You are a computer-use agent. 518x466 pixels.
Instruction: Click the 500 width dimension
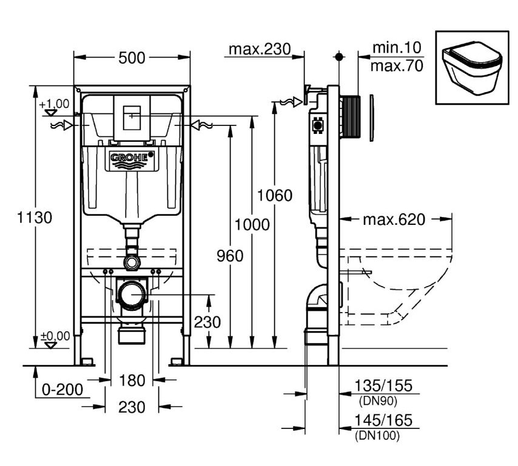click(132, 58)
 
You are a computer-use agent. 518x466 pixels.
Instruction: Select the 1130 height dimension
click(35, 218)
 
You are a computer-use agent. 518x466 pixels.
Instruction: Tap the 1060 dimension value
click(275, 195)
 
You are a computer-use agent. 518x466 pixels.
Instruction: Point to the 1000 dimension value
click(252, 225)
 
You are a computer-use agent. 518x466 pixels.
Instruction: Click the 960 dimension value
click(230, 256)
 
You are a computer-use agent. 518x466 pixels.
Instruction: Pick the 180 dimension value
click(132, 381)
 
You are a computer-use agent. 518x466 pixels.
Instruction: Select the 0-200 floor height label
click(62, 390)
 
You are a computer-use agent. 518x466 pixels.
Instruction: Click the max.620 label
click(394, 219)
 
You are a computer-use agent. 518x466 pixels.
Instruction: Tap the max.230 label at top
click(260, 49)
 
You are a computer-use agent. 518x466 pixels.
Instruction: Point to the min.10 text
click(397, 47)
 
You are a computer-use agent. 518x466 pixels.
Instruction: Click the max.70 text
click(397, 65)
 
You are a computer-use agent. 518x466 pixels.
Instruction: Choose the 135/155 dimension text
click(383, 385)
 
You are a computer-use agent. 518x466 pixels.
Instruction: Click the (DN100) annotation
click(377, 436)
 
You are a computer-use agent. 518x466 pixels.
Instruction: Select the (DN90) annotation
click(378, 401)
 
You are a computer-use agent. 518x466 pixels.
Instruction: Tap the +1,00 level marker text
click(54, 104)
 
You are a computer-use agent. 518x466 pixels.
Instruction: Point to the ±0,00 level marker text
click(55, 336)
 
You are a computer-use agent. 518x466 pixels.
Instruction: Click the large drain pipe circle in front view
click(132, 295)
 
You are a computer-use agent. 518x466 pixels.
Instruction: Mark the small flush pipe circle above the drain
click(132, 263)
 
